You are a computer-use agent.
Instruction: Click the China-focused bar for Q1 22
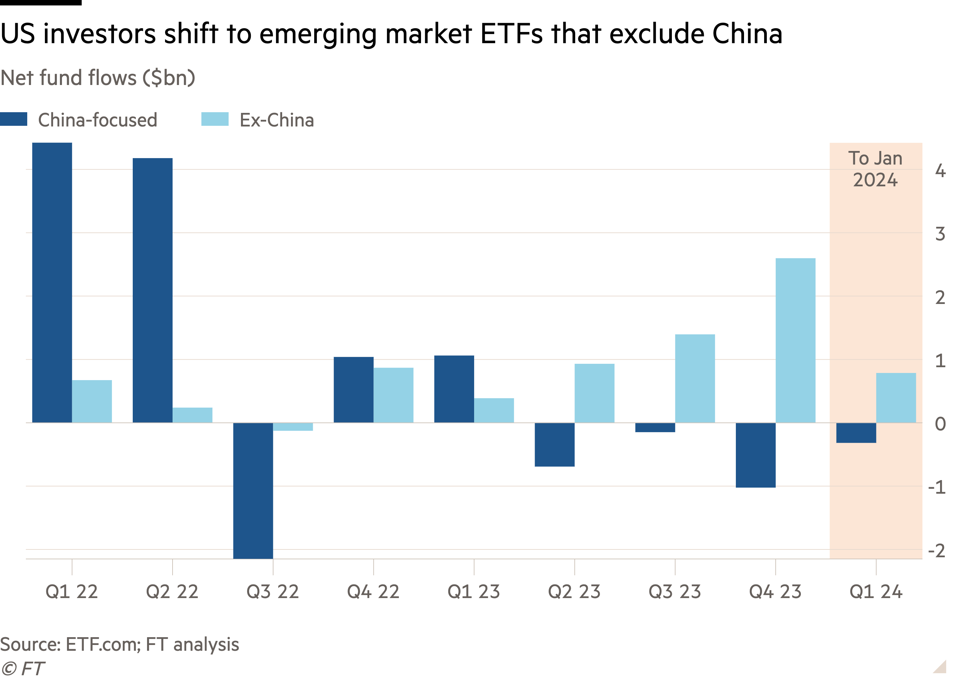click(52, 283)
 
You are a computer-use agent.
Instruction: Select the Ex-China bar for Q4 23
click(795, 340)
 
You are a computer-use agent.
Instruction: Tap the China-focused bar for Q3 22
click(253, 491)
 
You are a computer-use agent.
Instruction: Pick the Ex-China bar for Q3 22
click(293, 427)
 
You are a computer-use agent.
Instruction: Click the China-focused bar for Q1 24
click(856, 432)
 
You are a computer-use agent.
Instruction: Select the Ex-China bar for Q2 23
click(594, 393)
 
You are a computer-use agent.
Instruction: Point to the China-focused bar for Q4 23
click(756, 455)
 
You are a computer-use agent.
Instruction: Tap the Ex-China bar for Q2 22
click(192, 415)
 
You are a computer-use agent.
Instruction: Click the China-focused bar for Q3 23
click(655, 427)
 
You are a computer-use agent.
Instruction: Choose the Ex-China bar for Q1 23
click(494, 410)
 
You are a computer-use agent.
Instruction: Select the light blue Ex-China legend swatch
click(214, 119)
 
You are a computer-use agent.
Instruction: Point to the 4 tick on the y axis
click(940, 171)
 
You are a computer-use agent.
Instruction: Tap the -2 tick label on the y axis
click(937, 550)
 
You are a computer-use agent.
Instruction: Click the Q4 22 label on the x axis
click(373, 592)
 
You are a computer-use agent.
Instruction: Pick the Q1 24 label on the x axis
click(876, 592)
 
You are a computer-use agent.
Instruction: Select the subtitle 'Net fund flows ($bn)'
click(98, 78)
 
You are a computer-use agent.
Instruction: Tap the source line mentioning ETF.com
click(119, 644)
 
